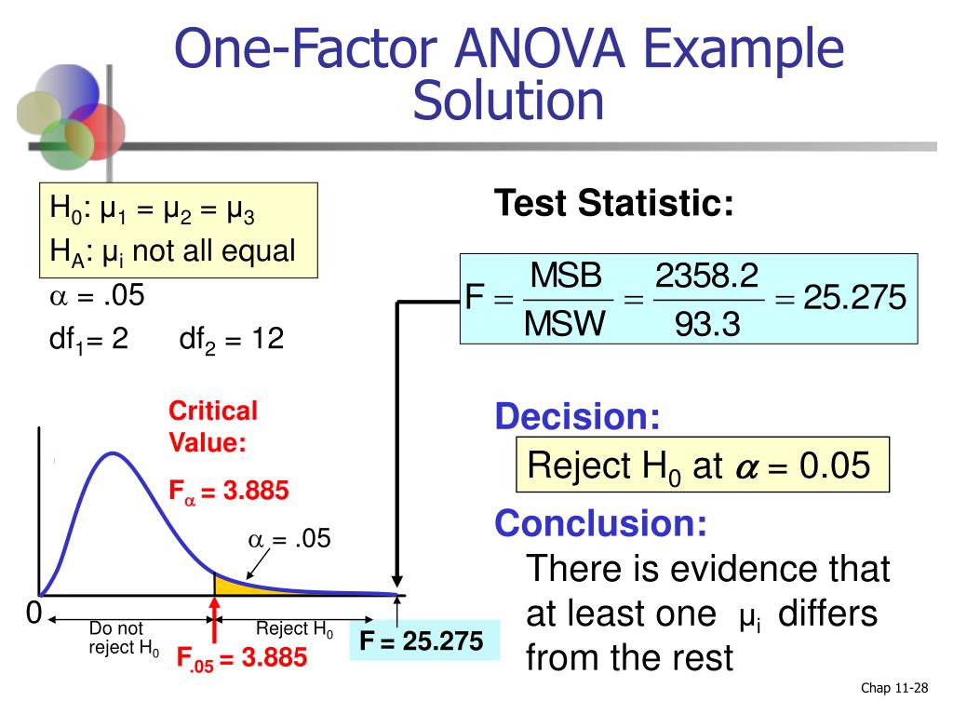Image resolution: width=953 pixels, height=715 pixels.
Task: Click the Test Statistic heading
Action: pyautogui.click(x=613, y=203)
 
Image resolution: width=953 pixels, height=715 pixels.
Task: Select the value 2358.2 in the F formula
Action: pyautogui.click(x=706, y=276)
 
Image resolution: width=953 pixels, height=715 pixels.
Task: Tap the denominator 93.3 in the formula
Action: pyautogui.click(x=707, y=324)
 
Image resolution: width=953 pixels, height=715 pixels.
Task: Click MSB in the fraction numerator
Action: pyautogui.click(x=567, y=276)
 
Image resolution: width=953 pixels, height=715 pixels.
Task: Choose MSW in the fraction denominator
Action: pyautogui.click(x=566, y=324)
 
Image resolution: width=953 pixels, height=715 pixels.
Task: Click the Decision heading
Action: pyautogui.click(x=577, y=417)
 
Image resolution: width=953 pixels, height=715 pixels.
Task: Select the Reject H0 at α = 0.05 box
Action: pyautogui.click(x=703, y=465)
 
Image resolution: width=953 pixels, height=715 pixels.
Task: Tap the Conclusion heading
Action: pyautogui.click(x=600, y=523)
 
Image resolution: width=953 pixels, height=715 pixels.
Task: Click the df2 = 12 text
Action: pyautogui.click(x=231, y=339)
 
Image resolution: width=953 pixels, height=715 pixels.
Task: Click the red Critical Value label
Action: pyautogui.click(x=212, y=427)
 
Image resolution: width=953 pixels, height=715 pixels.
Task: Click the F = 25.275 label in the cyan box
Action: pyautogui.click(x=422, y=641)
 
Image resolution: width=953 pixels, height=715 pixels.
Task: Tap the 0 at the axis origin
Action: pyautogui.click(x=34, y=614)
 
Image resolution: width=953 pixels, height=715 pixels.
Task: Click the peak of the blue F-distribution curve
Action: pyautogui.click(x=113, y=453)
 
